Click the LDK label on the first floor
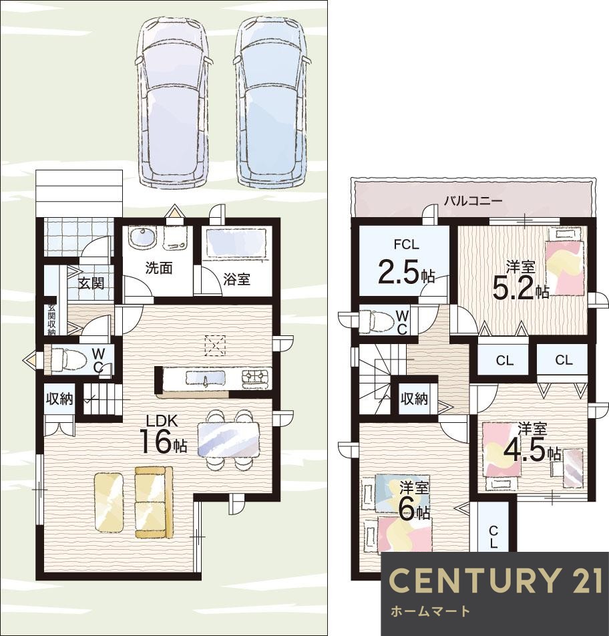(162, 421)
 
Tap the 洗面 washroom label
(158, 268)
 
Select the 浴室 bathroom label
(236, 279)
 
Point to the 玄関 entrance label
(91, 283)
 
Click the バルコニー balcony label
(473, 201)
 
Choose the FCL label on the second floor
(406, 245)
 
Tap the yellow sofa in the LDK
(154, 502)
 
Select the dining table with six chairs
(228, 440)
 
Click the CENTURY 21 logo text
(495, 581)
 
